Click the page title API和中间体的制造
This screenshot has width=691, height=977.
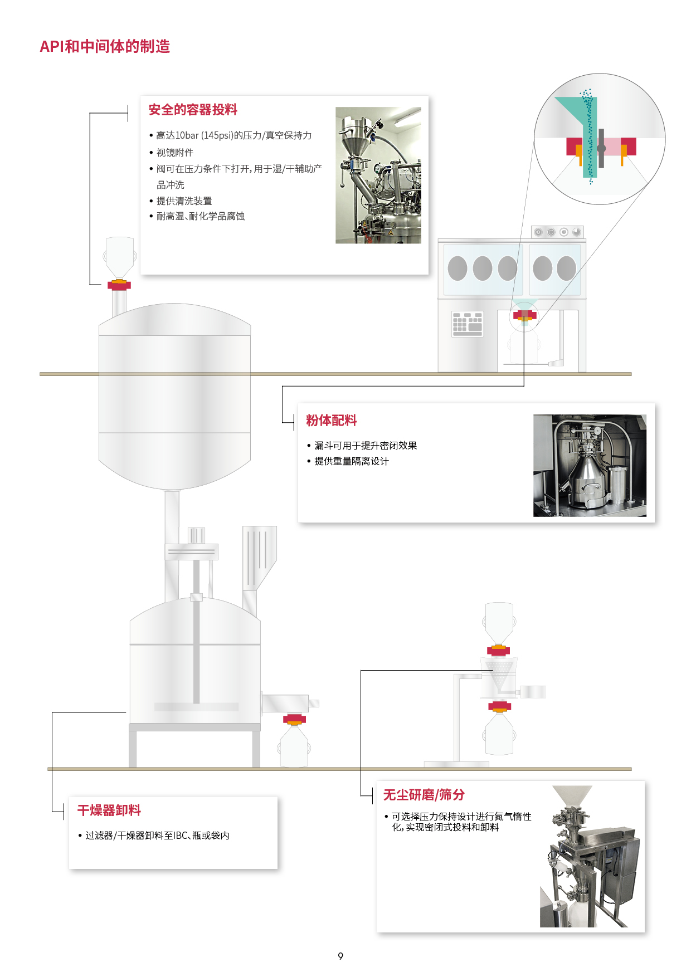click(x=105, y=46)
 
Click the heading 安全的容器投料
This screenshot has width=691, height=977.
click(x=193, y=110)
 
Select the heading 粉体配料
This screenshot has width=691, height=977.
click(x=332, y=421)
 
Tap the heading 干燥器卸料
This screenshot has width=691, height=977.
click(x=109, y=810)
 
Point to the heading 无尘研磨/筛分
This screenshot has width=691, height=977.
click(x=424, y=795)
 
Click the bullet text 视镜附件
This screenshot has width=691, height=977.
click(x=175, y=152)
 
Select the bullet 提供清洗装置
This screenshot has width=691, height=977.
click(x=184, y=201)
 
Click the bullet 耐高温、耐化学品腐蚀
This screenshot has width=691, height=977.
click(x=201, y=216)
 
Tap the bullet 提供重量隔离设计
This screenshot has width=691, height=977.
click(x=352, y=461)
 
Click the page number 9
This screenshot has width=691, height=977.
click(x=340, y=956)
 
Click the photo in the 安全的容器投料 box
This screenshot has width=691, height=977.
click(x=378, y=175)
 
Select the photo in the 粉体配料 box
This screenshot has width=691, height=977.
click(x=590, y=466)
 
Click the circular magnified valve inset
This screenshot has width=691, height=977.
click(x=600, y=139)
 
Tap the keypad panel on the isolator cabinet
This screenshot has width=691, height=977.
click(x=468, y=324)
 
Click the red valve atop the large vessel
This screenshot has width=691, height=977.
click(x=119, y=285)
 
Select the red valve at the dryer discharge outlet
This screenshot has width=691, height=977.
click(x=294, y=719)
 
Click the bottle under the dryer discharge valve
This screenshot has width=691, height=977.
click(x=294, y=746)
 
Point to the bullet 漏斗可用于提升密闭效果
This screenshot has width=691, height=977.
click(x=366, y=446)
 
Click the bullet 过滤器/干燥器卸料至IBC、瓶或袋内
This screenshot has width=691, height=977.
click(x=157, y=836)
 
